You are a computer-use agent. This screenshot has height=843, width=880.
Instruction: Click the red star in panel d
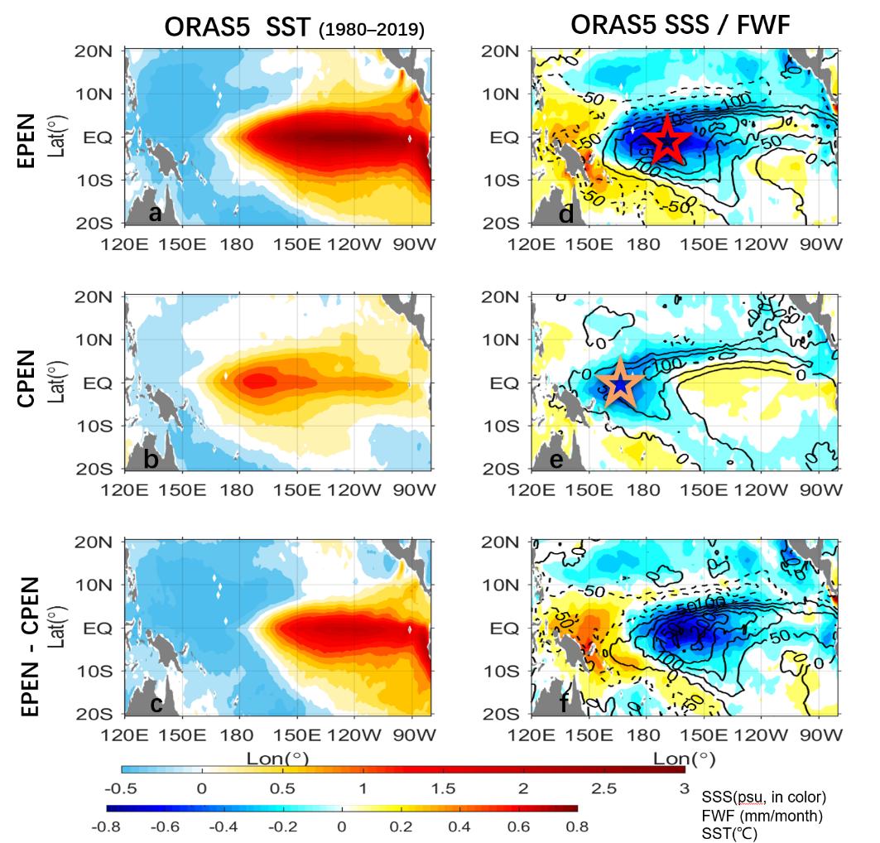[667, 142]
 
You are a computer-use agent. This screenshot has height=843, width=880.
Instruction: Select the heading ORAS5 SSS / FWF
[680, 26]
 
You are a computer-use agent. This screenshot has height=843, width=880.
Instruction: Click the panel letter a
[154, 214]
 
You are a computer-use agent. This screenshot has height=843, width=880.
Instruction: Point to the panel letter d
[567, 214]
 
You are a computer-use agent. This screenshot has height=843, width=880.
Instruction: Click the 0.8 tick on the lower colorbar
[577, 826]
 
